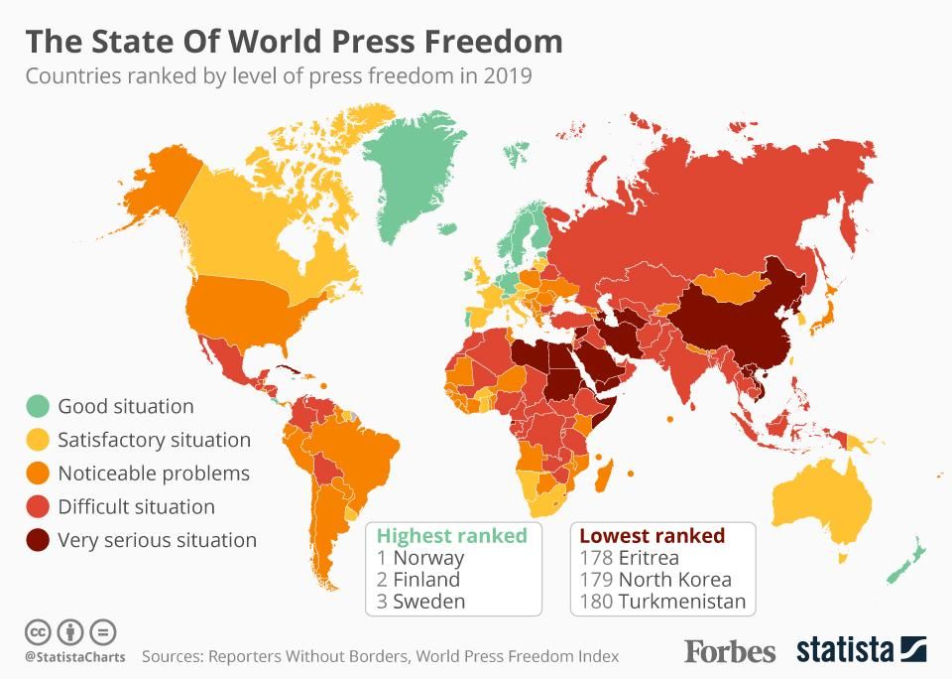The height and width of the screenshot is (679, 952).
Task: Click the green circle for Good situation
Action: coord(38,406)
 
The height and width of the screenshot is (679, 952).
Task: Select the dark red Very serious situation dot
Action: coord(38,540)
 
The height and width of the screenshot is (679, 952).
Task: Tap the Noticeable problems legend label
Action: coord(154,474)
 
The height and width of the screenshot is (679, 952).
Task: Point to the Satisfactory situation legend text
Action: coord(154,440)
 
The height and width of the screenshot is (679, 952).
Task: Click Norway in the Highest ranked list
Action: coord(428,558)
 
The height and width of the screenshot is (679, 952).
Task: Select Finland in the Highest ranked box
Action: coord(426,580)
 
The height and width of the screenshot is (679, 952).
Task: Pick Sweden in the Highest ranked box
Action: coord(428,602)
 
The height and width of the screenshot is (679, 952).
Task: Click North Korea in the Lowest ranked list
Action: coord(674,580)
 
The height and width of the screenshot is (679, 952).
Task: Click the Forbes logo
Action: coord(730,651)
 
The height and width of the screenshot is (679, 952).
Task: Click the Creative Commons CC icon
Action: coord(38,631)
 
